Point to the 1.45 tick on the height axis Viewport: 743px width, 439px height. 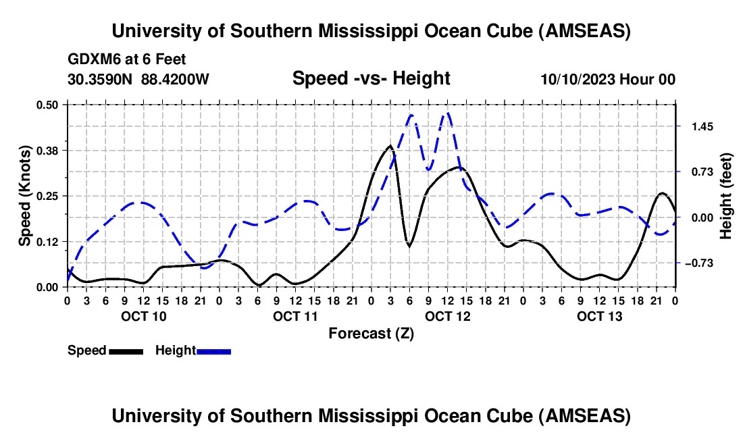click(700, 126)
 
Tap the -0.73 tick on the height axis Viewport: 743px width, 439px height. click(702, 263)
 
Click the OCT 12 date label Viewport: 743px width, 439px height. click(448, 316)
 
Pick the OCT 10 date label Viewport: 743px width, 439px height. click(143, 316)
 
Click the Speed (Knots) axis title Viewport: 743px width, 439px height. click(25, 196)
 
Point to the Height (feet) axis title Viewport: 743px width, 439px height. click(726, 196)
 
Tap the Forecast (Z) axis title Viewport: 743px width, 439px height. click(371, 333)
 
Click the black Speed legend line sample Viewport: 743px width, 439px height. click(126, 351)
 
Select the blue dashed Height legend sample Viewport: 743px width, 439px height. click(213, 351)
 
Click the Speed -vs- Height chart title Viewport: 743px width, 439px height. click(371, 78)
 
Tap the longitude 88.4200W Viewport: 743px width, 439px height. click(176, 79)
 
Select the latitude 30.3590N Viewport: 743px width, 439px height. click(101, 79)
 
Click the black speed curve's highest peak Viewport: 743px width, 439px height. click(390, 146)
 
